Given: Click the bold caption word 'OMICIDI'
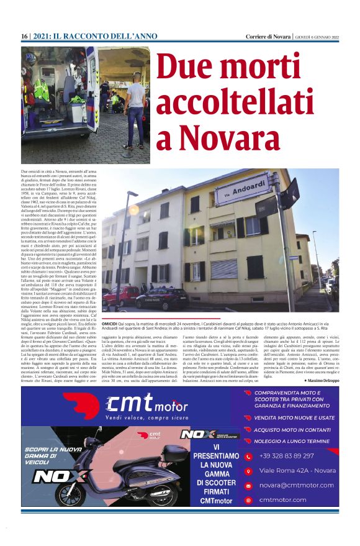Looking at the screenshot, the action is [x=110, y=324].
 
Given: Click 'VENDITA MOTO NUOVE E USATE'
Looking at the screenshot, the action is [x=294, y=417].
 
